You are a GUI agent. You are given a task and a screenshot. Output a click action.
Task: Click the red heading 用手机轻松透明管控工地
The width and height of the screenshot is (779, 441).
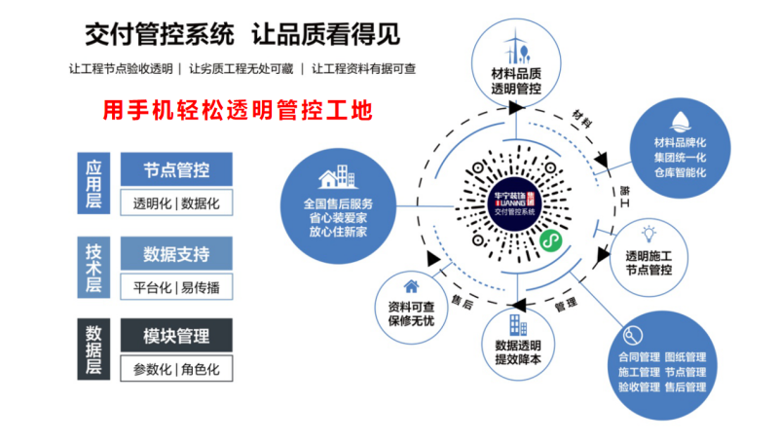click(238, 110)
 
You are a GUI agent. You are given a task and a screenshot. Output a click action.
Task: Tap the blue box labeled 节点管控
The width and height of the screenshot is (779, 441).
click(176, 170)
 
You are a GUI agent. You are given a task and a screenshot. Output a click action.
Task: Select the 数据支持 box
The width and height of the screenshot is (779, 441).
click(176, 255)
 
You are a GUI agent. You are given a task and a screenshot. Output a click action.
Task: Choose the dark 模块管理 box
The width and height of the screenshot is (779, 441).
click(176, 337)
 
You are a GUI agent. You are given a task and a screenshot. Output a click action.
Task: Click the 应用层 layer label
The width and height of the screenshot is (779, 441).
click(93, 183)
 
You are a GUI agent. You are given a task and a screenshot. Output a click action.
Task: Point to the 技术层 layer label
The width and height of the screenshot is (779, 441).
click(93, 268)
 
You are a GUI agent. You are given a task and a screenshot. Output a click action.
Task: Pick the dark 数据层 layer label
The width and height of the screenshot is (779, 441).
click(93, 349)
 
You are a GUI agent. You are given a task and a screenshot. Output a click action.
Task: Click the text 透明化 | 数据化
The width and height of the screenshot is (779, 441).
click(176, 203)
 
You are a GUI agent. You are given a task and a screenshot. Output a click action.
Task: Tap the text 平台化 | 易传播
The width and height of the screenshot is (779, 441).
click(176, 287)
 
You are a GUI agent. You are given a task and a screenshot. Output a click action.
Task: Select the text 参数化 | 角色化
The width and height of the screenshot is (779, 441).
click(176, 369)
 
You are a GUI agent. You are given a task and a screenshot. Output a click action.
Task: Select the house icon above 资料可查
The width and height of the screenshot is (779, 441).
click(412, 286)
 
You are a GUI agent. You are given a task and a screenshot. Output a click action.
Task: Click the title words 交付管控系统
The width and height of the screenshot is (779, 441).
click(160, 36)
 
